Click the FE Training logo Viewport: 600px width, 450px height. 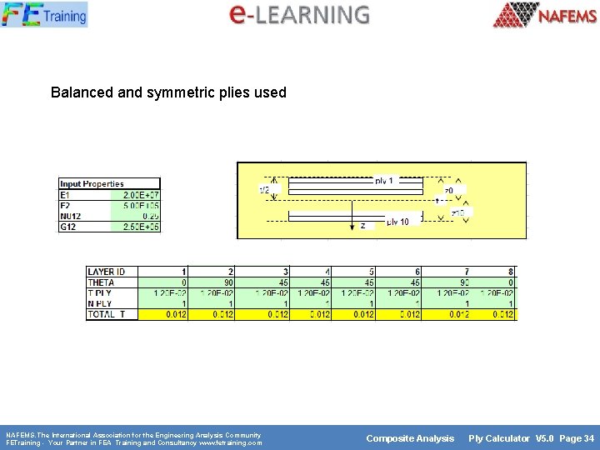point(43,14)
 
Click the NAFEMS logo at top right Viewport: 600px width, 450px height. point(544,15)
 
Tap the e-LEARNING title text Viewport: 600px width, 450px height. point(299,14)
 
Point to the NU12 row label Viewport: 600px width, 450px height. point(72,216)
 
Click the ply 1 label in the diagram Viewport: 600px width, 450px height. point(385,180)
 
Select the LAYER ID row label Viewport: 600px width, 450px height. point(107,272)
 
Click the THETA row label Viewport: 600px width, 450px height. point(101,282)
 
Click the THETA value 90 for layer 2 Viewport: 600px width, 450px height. point(225,282)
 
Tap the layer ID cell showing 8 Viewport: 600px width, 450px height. point(511,272)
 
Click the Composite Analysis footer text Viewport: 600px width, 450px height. point(410,438)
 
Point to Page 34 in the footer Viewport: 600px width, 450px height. point(577,438)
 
